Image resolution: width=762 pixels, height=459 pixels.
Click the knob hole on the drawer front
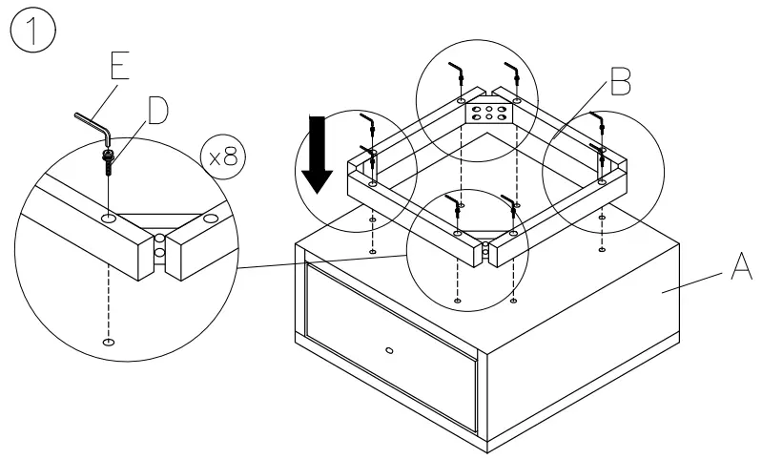387,351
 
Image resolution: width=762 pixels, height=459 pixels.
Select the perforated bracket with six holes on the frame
488,113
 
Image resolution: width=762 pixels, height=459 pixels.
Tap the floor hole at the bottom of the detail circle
111,342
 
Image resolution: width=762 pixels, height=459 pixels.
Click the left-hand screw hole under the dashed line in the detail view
111,219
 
